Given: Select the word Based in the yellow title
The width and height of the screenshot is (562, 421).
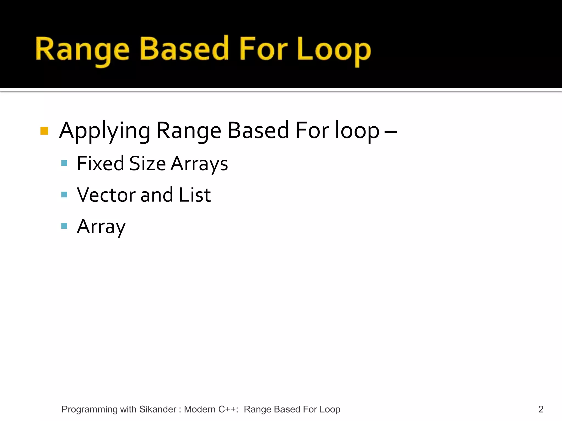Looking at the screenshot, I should click(x=184, y=49).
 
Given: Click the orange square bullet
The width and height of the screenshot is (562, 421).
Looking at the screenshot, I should click(x=44, y=131).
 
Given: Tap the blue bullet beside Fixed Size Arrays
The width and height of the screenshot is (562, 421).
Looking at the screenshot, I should click(x=64, y=163).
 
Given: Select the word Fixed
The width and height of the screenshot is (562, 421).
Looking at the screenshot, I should click(x=100, y=164).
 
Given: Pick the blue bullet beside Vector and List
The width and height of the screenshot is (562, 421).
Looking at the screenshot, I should click(x=64, y=195).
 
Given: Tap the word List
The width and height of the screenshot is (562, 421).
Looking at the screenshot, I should click(x=195, y=195).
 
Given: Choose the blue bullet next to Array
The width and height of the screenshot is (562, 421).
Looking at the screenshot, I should click(x=64, y=226).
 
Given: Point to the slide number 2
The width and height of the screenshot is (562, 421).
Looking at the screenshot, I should click(x=541, y=409).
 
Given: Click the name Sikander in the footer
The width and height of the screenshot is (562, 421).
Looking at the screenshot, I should click(x=158, y=409).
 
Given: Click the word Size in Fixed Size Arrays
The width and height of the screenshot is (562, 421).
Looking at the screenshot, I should click(x=147, y=164).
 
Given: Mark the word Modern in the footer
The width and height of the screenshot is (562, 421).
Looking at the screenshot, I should click(x=199, y=409).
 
